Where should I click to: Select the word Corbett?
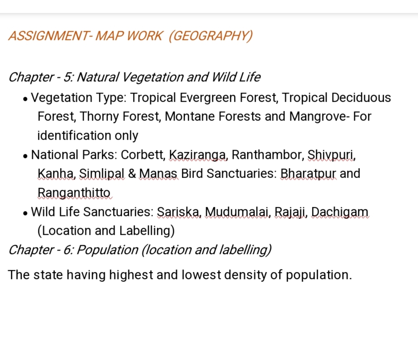[x=143, y=155]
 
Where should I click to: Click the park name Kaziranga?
[x=198, y=155]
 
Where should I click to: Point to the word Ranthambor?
[x=268, y=155]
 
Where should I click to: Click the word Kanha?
[x=56, y=174]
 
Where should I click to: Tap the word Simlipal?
[x=101, y=174]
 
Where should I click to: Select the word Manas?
[x=158, y=174]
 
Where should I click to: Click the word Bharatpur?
[x=308, y=174]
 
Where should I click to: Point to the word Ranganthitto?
[x=74, y=193]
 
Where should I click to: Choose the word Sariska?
[x=179, y=212]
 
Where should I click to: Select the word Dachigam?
[x=340, y=212]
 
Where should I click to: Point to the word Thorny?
[x=99, y=117]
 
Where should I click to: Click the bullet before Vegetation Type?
[x=25, y=99]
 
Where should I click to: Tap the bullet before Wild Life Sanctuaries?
[x=25, y=213]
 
